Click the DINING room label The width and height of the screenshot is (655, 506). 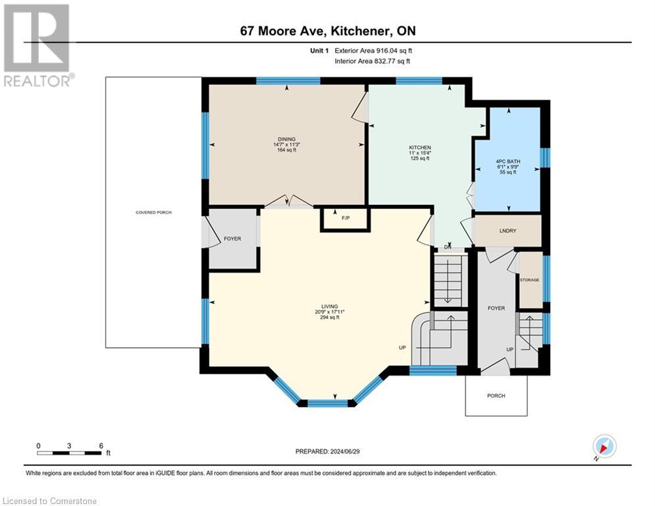pyautogui.click(x=286, y=139)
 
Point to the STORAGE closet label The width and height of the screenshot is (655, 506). pyautogui.click(x=530, y=280)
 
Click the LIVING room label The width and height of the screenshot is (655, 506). pyautogui.click(x=329, y=306)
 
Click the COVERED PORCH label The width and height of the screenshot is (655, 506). pyautogui.click(x=153, y=212)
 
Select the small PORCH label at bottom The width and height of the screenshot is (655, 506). pyautogui.click(x=496, y=396)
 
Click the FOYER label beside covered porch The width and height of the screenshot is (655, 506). pyautogui.click(x=232, y=239)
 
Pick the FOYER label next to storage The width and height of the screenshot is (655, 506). pyautogui.click(x=496, y=308)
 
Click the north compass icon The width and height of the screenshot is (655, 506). pyautogui.click(x=604, y=446)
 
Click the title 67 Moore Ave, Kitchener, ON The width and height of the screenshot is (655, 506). pyautogui.click(x=327, y=31)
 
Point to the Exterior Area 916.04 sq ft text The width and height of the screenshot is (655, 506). pyautogui.click(x=373, y=50)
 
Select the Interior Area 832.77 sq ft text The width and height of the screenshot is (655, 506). pyautogui.click(x=373, y=61)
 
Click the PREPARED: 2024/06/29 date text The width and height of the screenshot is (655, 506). pyautogui.click(x=327, y=451)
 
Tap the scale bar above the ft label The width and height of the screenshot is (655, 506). pyautogui.click(x=69, y=453)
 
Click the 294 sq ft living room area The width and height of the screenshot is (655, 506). pyautogui.click(x=329, y=318)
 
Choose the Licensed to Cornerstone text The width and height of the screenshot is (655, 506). pyautogui.click(x=49, y=501)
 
